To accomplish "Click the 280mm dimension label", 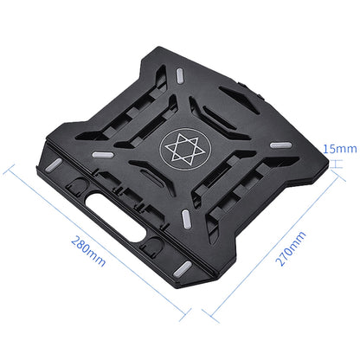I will (91, 250).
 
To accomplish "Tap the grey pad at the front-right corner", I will (185, 265).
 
